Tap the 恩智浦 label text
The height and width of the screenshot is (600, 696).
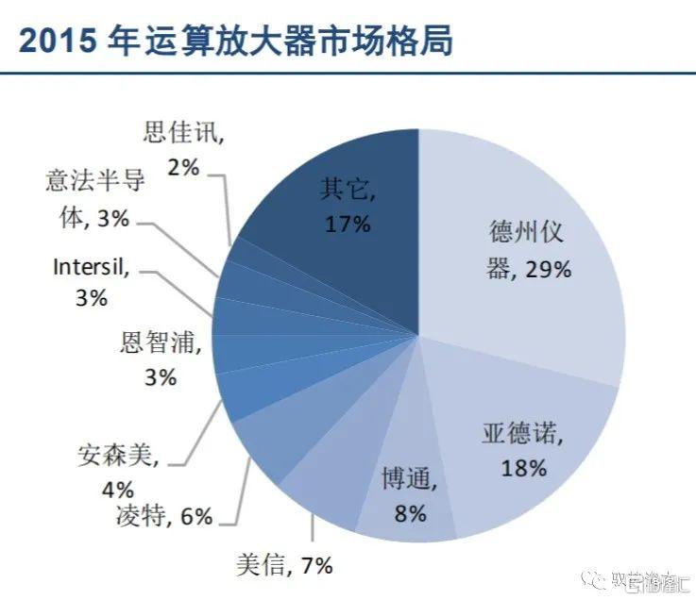(161, 342)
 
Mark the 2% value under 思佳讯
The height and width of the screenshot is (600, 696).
(184, 168)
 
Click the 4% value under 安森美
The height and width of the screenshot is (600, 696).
(119, 490)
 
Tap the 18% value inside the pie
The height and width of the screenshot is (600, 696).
(524, 468)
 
